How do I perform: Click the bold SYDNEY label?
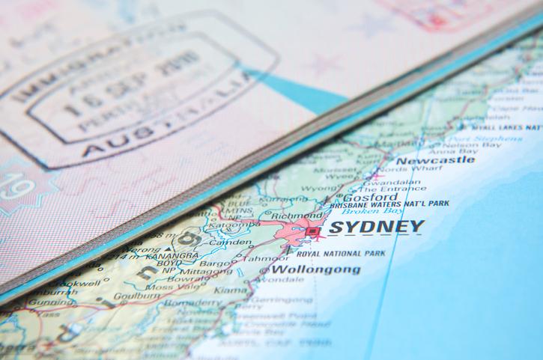376,228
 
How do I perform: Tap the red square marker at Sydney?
312,232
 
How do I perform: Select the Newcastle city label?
434,160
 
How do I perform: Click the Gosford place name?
370,198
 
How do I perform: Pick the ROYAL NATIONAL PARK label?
335,254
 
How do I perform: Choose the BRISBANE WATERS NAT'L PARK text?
389,204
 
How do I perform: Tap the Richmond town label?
297,216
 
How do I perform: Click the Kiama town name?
230,289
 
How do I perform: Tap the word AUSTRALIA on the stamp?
172,123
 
